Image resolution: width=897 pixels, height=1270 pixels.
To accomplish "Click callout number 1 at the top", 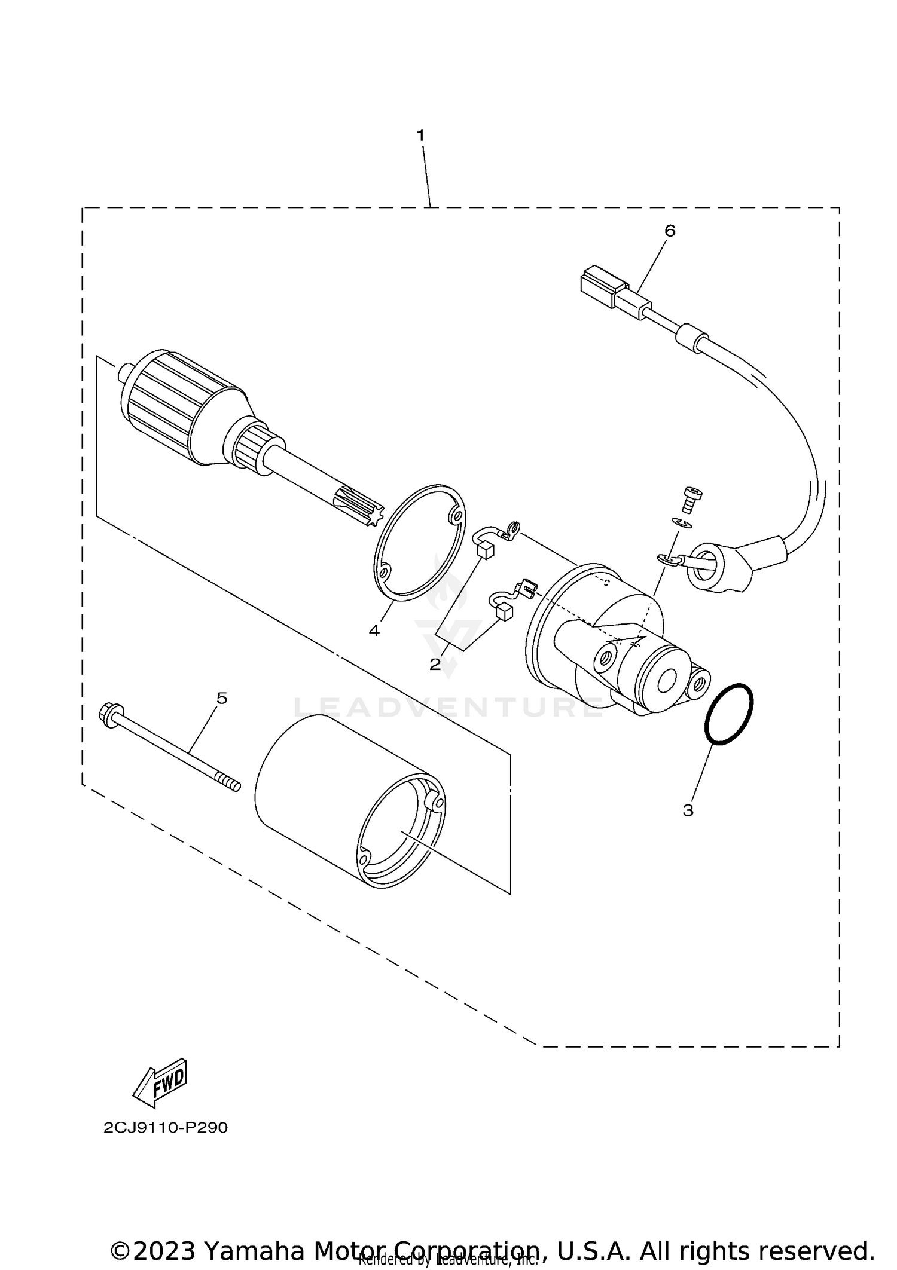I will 420,136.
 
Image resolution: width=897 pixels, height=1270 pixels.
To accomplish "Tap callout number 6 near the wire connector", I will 670,231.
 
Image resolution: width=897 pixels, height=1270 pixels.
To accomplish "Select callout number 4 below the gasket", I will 374,630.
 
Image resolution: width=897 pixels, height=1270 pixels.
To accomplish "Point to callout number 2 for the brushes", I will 435,664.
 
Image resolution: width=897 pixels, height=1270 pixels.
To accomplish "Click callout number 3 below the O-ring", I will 688,810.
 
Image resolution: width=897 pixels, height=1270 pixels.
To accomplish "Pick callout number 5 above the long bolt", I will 222,698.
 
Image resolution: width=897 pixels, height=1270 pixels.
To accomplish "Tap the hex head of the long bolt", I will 108,715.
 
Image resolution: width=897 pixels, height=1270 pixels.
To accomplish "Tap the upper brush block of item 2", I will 486,550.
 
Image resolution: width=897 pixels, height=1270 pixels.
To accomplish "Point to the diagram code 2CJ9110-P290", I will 166,1128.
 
